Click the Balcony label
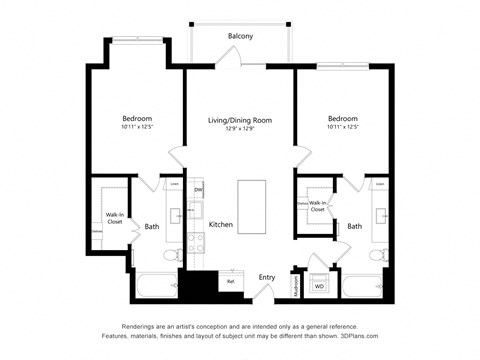point(240,36)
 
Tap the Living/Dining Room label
point(240,120)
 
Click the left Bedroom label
point(137,117)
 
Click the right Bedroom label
point(343,117)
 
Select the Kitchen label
point(221,224)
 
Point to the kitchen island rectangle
point(251,206)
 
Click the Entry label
point(267,277)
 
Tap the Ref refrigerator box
point(230,281)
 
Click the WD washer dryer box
point(320,286)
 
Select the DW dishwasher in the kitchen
point(198,190)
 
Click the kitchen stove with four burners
point(197,241)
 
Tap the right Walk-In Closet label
point(317,205)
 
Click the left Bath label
point(152,226)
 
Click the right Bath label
point(354,226)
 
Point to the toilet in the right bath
point(377,255)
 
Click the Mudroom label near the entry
point(296,285)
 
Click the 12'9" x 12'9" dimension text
point(240,128)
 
